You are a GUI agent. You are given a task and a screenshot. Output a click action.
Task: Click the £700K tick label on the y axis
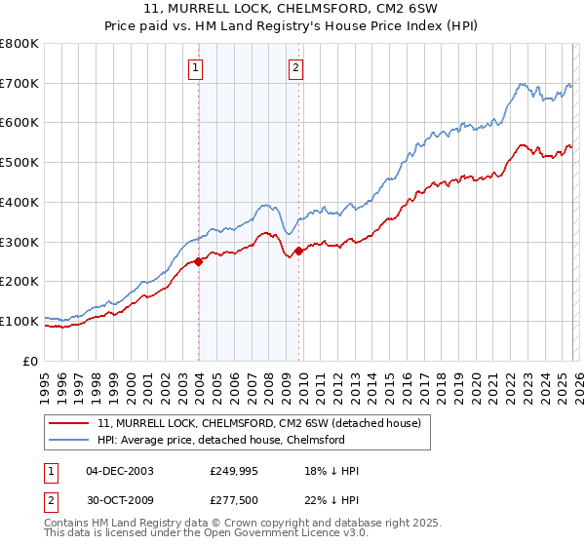pos(19,83)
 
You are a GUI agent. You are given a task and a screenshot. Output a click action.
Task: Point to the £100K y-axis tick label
pos(19,321)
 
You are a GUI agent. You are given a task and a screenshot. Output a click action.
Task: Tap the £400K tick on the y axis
pos(19,202)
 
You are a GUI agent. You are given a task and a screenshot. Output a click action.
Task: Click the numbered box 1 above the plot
pos(197,68)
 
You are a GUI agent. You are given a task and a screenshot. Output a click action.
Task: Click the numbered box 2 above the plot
pos(294,68)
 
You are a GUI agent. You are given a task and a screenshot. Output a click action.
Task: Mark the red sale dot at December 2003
pos(198,261)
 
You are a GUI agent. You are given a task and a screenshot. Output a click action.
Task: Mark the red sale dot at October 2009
pos(299,251)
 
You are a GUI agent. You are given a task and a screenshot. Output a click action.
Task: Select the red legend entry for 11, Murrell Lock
pos(258,423)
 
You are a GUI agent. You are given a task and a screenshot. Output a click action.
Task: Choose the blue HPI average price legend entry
pos(220,440)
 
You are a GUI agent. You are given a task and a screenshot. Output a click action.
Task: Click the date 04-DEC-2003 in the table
pos(120,471)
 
